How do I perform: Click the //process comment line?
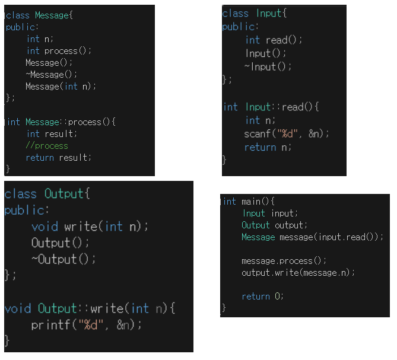[x=47, y=146]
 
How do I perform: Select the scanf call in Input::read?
[x=286, y=133]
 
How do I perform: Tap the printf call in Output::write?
[x=87, y=325]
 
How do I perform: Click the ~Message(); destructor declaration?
[x=52, y=75]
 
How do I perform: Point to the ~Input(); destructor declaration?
[x=268, y=66]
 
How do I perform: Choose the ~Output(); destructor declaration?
[x=63, y=259]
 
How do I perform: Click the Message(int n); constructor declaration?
[x=61, y=87]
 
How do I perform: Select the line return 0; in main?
[x=263, y=296]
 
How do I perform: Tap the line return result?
[x=59, y=158]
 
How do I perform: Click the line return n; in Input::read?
[x=268, y=147]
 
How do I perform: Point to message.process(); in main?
[x=284, y=261]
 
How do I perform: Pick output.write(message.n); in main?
[x=298, y=273]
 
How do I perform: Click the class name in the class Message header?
[x=52, y=15]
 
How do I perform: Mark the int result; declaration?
[x=52, y=134]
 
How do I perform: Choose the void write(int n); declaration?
[x=90, y=227]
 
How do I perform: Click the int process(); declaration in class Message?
[x=59, y=51]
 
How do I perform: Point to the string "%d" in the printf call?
[x=96, y=325]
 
